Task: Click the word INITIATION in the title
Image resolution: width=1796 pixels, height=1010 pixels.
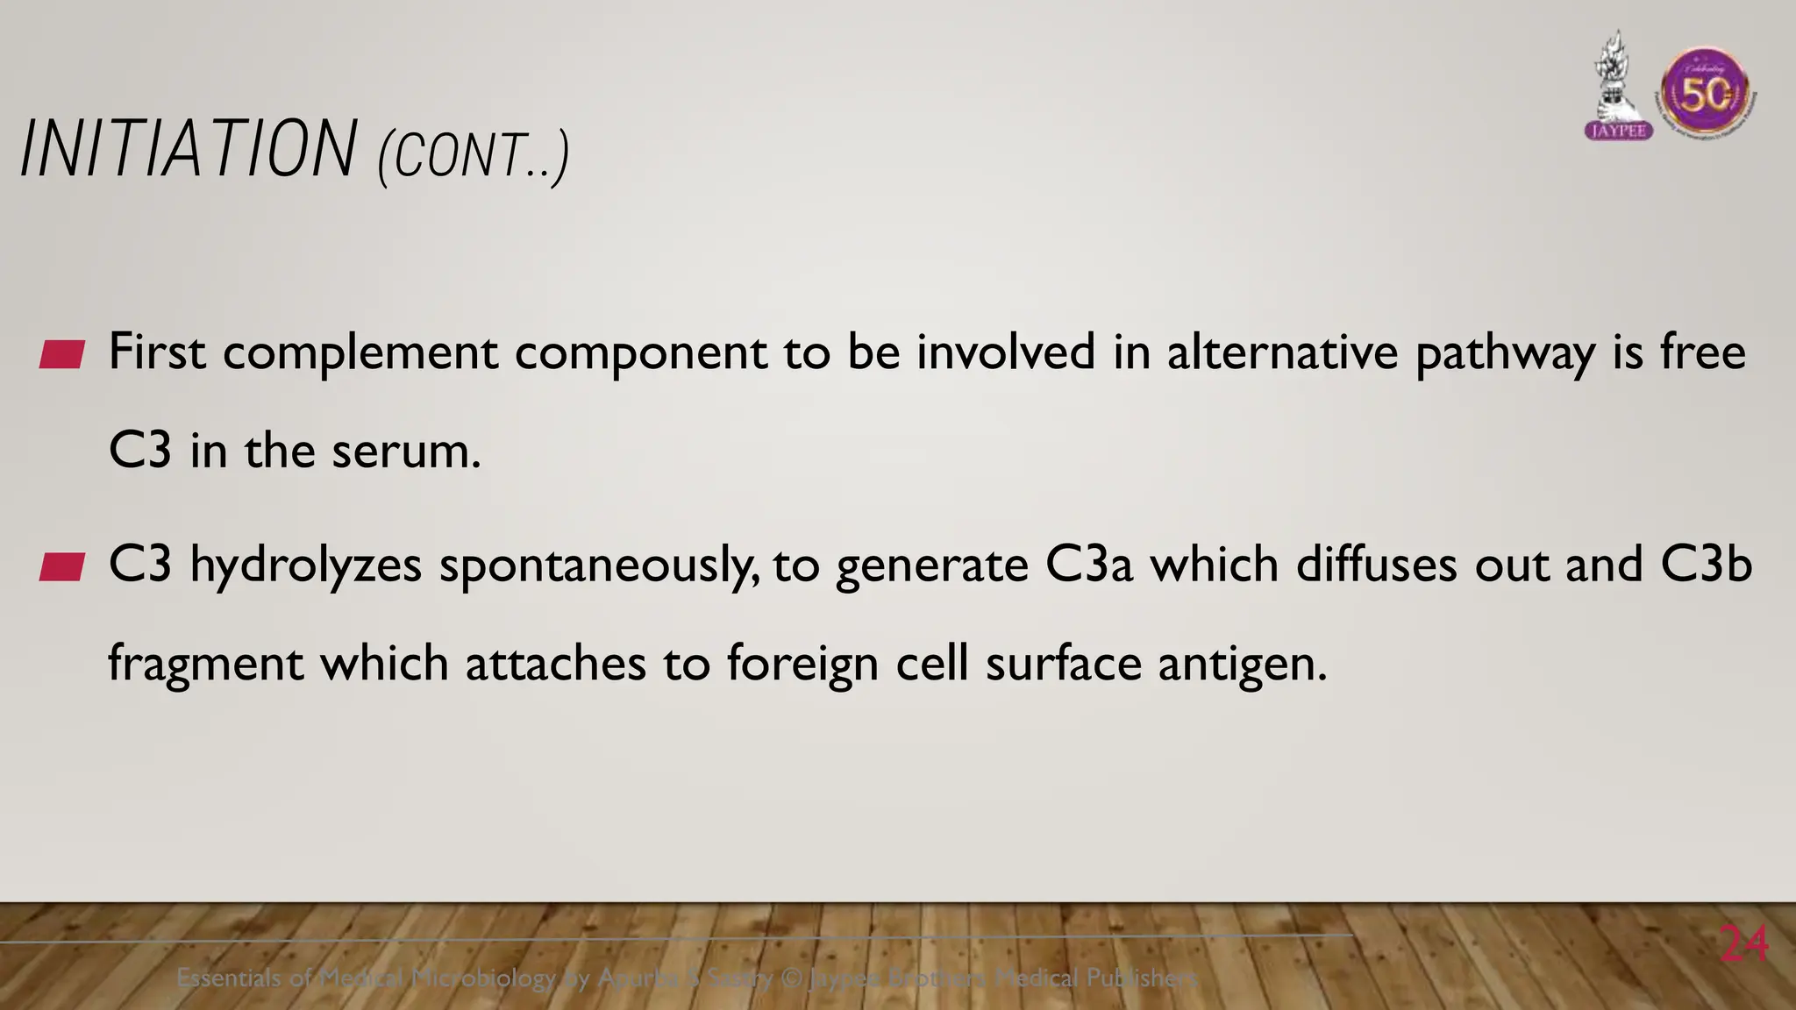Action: tap(189, 150)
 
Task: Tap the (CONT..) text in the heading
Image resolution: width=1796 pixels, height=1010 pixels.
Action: tap(474, 157)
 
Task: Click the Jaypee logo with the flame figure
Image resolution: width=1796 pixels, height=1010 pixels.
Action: tap(1619, 88)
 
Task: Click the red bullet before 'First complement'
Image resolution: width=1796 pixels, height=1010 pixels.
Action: tap(62, 355)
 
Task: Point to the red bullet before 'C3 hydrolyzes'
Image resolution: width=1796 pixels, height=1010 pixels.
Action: tap(62, 567)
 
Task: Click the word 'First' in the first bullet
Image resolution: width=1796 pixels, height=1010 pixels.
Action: tap(157, 352)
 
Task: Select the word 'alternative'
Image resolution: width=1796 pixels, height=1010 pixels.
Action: tap(1282, 352)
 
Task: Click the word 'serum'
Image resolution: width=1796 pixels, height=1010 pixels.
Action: tap(404, 452)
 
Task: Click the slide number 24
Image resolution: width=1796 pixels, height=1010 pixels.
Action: tap(1744, 944)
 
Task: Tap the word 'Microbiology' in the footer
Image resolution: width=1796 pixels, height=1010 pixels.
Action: tap(483, 977)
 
